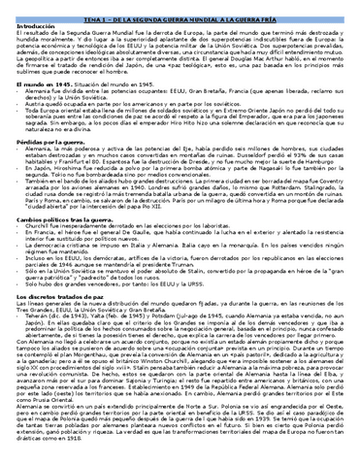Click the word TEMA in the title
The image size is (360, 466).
pyautogui.click(x=110, y=7)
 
